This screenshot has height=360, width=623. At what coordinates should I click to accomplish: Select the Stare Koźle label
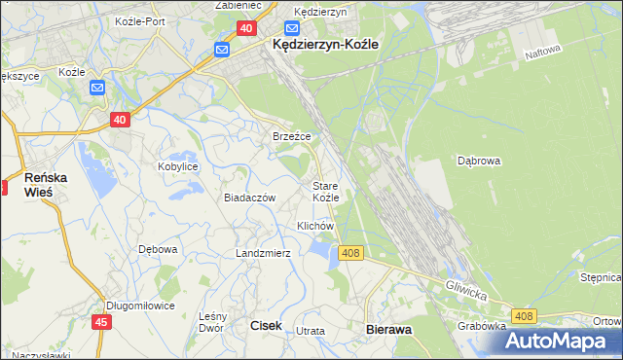pos(325,191)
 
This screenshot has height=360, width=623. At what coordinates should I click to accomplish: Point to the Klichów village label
pos(315,226)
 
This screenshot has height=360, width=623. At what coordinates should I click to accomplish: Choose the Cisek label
pos(267,327)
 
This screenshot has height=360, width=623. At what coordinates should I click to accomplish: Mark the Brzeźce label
pos(291,137)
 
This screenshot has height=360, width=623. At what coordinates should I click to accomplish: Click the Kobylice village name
pos(178,166)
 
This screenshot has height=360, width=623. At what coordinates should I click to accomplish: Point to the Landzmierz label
pos(263,253)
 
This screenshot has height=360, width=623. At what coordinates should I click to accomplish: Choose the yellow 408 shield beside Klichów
pos(351,253)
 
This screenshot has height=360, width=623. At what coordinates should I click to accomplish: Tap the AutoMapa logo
pos(562,342)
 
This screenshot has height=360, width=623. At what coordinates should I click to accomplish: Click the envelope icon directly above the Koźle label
pos(96,89)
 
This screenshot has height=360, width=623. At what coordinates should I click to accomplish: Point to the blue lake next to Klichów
pos(320,252)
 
